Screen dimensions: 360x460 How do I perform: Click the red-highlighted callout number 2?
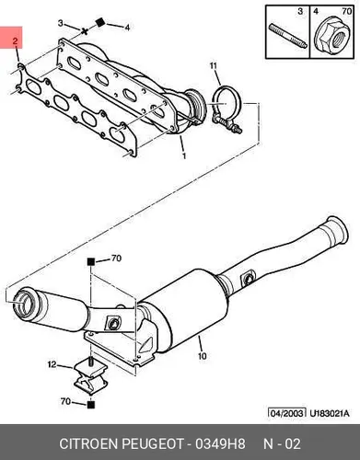tap(15, 41)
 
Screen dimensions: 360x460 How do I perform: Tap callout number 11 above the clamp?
tap(214, 65)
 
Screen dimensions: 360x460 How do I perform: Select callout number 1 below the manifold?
tap(184, 156)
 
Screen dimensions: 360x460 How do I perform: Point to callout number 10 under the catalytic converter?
tap(203, 356)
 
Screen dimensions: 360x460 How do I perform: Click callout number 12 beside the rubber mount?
tap(52, 364)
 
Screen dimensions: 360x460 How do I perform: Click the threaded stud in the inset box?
tap(288, 36)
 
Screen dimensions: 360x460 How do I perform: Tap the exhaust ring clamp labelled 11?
tap(227, 109)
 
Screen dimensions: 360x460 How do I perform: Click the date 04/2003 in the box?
tap(287, 413)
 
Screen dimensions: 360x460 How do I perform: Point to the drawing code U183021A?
tap(330, 413)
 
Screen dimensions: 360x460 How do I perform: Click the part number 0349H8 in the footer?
tap(220, 443)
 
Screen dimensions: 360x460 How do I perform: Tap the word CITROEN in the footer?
tap(88, 443)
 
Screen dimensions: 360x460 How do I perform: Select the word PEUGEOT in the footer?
tap(153, 443)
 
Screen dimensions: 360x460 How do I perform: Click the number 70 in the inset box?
tap(346, 11)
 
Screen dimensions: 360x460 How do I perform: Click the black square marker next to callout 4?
tap(99, 22)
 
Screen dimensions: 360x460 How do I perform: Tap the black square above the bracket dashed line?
tap(90, 262)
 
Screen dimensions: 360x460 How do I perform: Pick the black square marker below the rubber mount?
tap(90, 405)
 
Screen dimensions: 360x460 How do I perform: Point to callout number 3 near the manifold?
tap(61, 23)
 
